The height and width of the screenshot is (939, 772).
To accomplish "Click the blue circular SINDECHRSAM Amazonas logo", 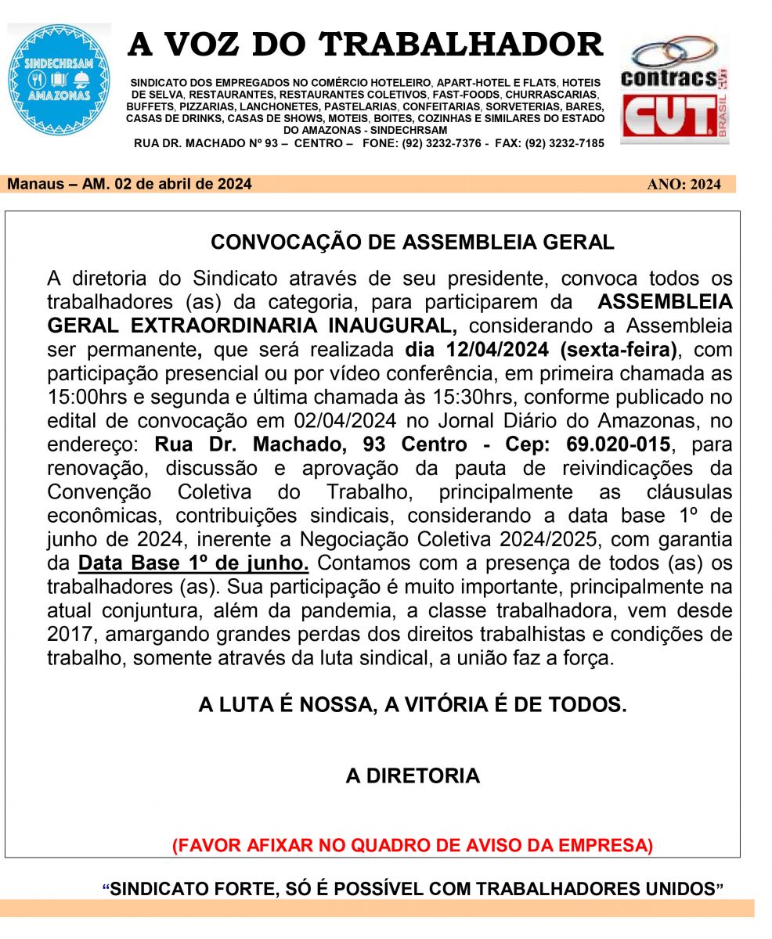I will tap(59, 80).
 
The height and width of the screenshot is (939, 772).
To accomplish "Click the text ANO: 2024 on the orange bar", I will tap(684, 185).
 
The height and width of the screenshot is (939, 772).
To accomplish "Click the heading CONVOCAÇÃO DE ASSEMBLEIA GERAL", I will tap(413, 242).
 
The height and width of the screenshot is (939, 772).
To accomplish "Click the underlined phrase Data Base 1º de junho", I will tap(193, 563).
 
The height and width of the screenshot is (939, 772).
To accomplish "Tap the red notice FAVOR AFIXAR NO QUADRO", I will tap(413, 845).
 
